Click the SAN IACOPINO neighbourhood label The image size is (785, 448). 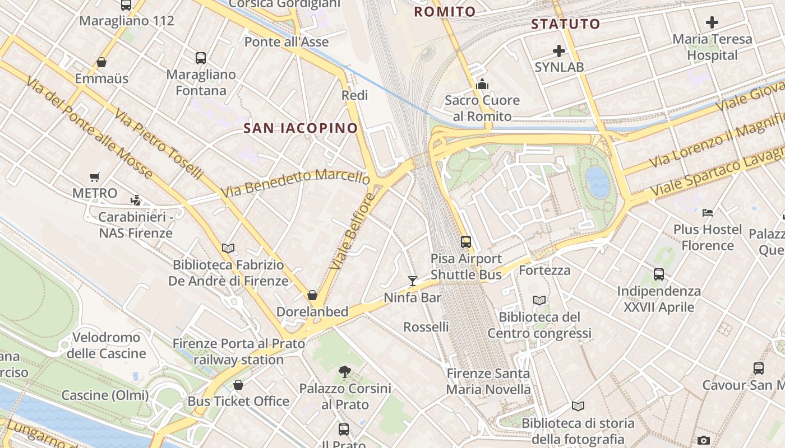[301, 128]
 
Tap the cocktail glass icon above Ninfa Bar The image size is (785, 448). [413, 281]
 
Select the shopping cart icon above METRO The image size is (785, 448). [95, 177]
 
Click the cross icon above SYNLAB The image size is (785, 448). [559, 51]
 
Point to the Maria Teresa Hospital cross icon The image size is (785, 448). [712, 22]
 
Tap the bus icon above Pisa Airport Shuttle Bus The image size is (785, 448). [466, 241]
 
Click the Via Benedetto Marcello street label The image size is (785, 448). [295, 182]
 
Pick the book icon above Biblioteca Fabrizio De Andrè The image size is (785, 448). [228, 248]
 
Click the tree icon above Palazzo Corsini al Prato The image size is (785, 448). [345, 371]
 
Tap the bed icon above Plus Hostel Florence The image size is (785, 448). [708, 213]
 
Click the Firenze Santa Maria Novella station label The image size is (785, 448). [488, 381]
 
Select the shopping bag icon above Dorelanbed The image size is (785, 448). [312, 295]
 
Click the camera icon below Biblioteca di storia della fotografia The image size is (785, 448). [704, 441]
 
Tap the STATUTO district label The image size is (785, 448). [566, 24]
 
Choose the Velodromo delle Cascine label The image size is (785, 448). [106, 346]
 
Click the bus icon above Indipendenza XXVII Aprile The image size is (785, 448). [659, 274]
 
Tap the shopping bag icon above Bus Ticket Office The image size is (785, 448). [238, 385]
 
